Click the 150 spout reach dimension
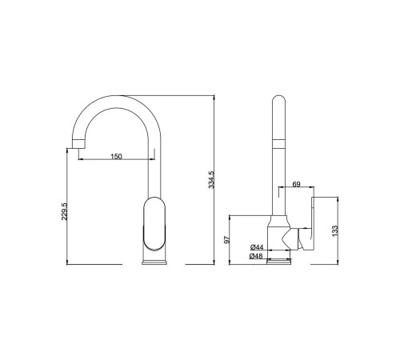point(116,156)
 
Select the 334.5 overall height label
point(211,180)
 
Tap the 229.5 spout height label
point(64,211)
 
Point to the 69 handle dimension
point(296,184)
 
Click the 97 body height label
point(226,239)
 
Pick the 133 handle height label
point(335,230)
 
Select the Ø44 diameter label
point(257,247)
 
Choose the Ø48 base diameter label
point(256,256)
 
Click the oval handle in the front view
point(154,224)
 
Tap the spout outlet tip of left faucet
point(78,144)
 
